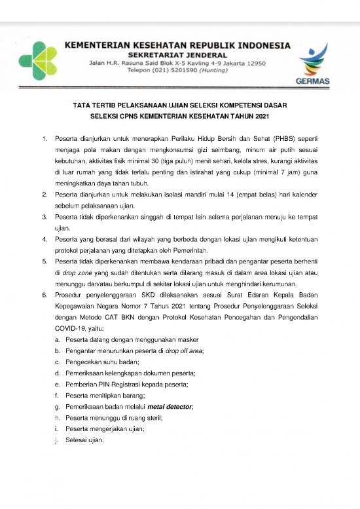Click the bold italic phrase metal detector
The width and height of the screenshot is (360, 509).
[x=170, y=407]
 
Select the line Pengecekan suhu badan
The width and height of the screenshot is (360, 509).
[x=102, y=362]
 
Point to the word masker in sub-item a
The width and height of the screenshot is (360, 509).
[x=187, y=339]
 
